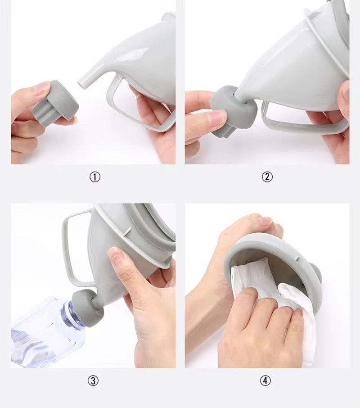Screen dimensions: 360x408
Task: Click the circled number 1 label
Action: click(x=95, y=177)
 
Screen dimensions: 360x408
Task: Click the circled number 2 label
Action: click(x=267, y=177)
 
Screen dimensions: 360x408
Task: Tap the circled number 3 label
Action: click(x=93, y=381)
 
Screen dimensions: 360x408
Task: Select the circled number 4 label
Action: click(x=265, y=381)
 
